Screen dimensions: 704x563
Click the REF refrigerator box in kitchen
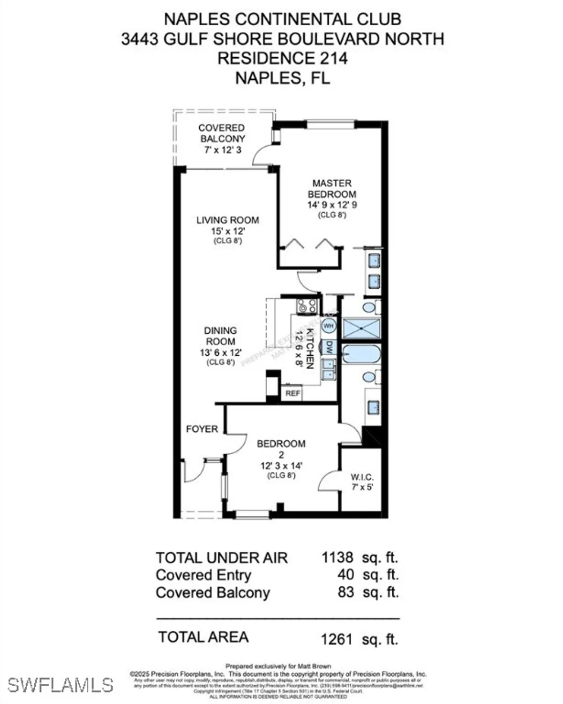(293, 393)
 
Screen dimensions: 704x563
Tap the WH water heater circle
(329, 325)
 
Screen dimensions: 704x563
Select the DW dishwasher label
(329, 348)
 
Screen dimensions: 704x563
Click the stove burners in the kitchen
(307, 306)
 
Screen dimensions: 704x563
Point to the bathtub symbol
(361, 354)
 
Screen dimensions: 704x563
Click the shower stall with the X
(361, 329)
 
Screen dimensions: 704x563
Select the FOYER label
(202, 429)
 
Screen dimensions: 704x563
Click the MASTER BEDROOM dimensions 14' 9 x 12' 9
(332, 205)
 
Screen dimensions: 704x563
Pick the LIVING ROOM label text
(228, 220)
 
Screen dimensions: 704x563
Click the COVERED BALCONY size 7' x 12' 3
(223, 150)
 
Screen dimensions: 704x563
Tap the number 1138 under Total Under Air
(337, 558)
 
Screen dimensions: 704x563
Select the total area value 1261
(336, 639)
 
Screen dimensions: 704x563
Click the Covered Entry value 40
(345, 575)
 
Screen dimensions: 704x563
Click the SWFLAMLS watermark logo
(60, 685)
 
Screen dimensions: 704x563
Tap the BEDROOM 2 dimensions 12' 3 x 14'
(281, 466)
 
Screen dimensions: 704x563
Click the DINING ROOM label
(220, 336)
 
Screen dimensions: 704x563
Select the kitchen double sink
(329, 369)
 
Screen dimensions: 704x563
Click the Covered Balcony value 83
(345, 592)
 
